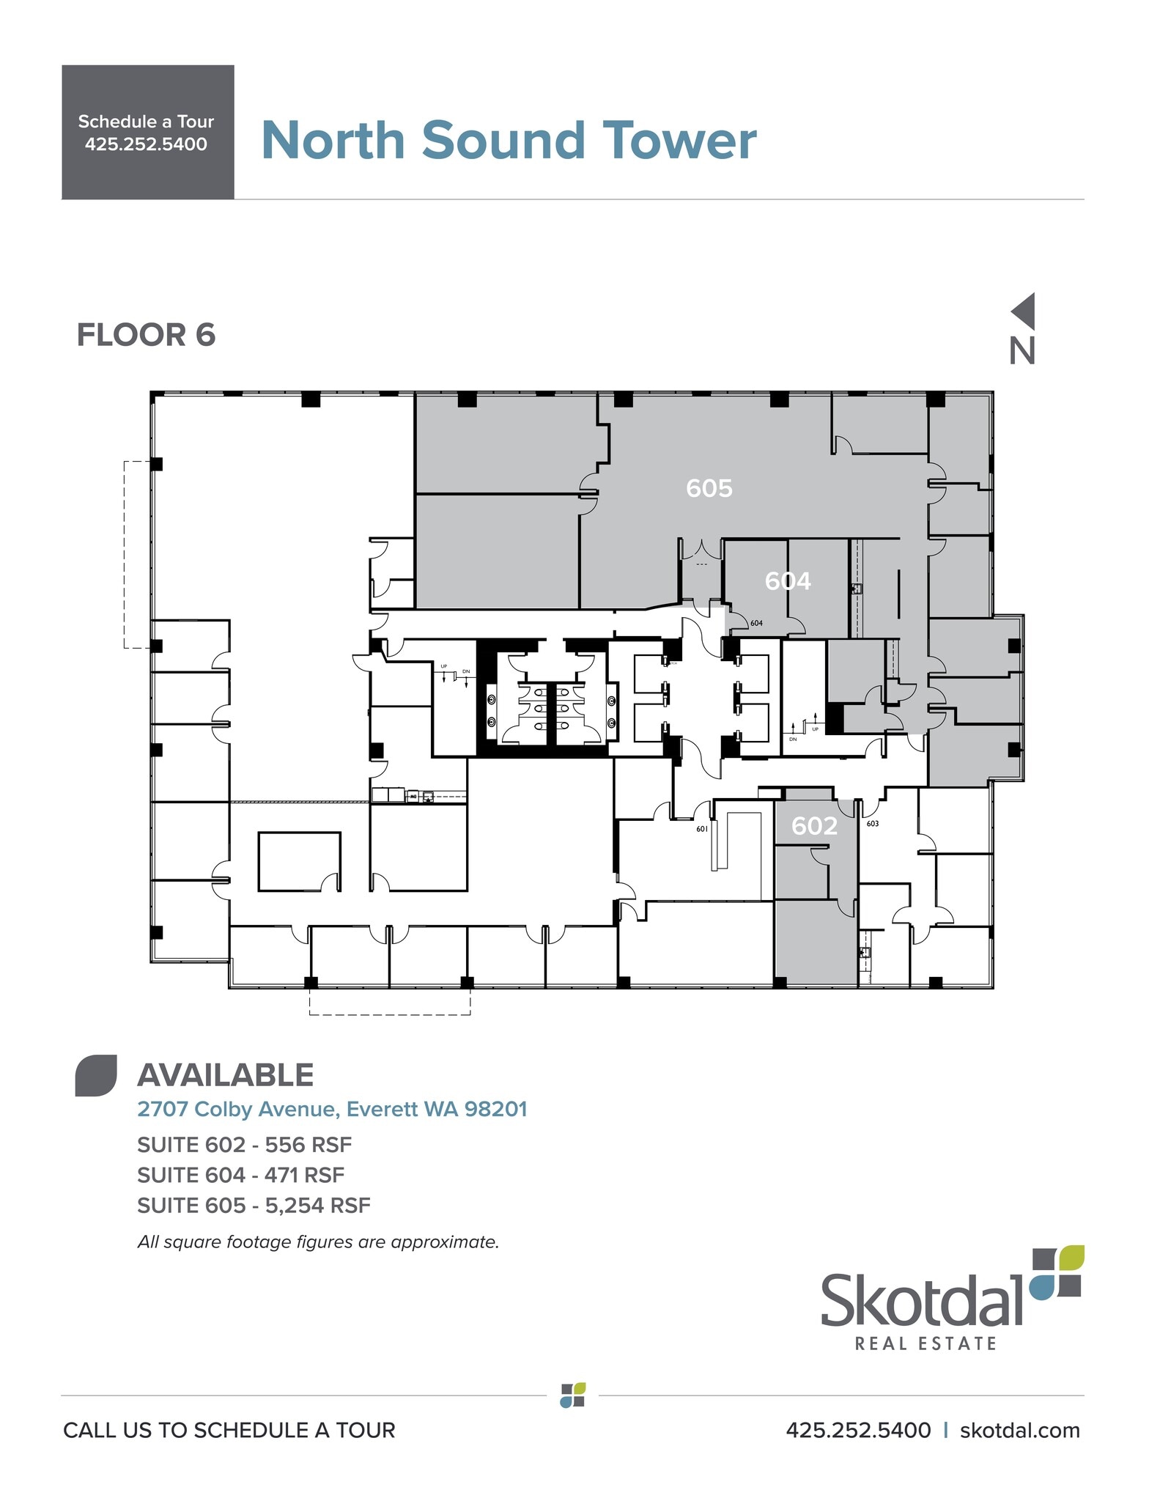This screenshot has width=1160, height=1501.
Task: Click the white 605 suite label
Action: coord(709,488)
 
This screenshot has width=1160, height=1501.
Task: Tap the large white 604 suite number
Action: coord(788,581)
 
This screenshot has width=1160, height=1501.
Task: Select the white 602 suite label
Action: coord(814,826)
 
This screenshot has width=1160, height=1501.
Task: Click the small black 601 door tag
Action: coord(702,829)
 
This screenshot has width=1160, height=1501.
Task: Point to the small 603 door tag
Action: coord(872,824)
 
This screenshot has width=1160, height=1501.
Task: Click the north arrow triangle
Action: coord(1024,311)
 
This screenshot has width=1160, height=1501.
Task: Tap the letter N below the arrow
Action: coord(1022,352)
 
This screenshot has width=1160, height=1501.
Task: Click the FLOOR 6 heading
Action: coord(146,335)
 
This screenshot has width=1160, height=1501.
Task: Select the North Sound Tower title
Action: coord(509,140)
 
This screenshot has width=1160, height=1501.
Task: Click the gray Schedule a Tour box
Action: coord(147,132)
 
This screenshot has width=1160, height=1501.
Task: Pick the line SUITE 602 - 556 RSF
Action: coord(244,1145)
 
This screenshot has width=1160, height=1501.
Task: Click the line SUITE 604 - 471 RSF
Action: coord(240,1175)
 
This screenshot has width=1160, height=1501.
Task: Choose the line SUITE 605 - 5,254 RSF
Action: coord(254,1206)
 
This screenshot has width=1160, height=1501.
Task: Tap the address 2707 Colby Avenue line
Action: coord(332,1109)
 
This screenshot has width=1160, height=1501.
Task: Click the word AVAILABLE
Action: coord(225,1075)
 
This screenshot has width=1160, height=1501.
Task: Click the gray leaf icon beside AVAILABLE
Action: coord(96,1075)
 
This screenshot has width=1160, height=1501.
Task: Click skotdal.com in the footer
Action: coord(1019,1430)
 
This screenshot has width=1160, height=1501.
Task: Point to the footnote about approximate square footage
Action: coord(318,1242)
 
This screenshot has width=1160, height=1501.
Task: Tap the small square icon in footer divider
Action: coord(572,1395)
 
